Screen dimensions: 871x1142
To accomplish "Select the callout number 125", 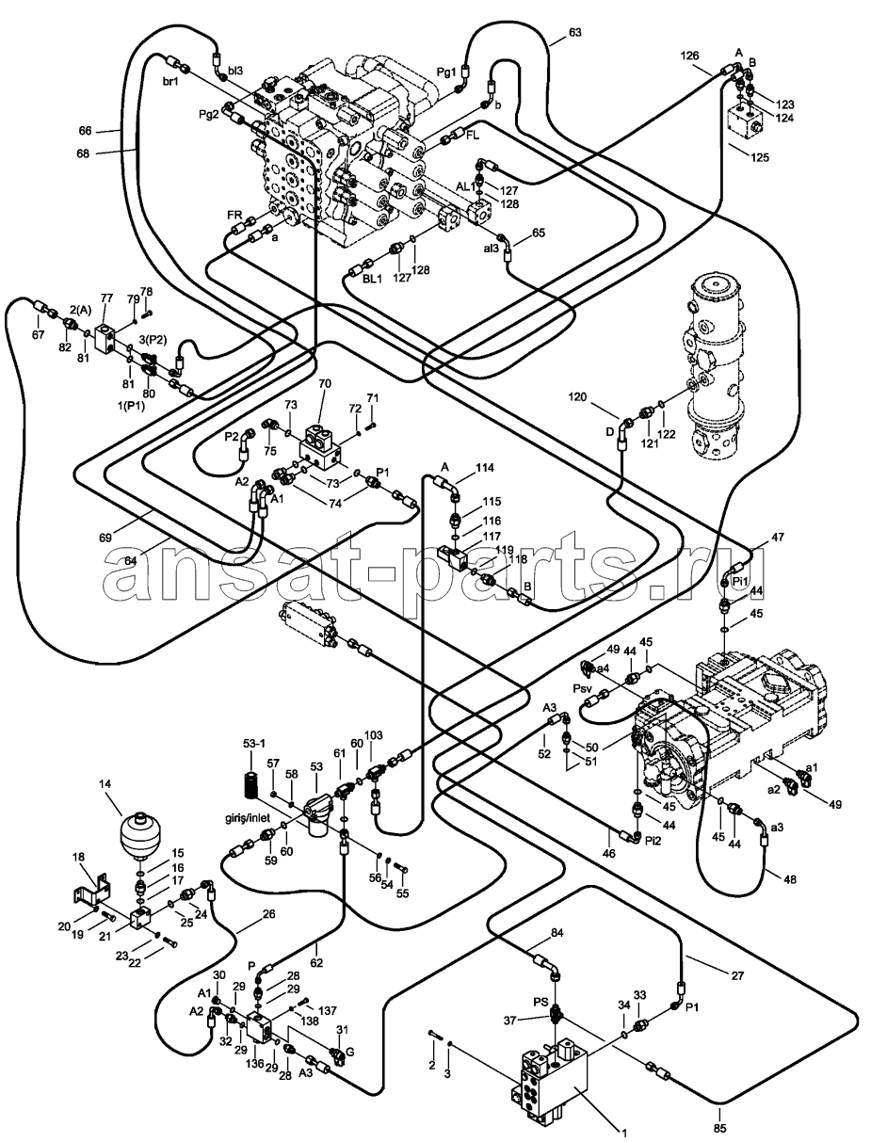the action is coord(760,157).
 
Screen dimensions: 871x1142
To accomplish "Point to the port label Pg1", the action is coord(446,72).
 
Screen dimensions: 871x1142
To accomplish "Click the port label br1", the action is coord(170,82).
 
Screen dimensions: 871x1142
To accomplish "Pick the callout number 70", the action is coord(324,383).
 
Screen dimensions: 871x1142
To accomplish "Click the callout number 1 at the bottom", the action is coord(624,1131).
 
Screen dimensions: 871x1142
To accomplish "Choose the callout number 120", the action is coord(577,397).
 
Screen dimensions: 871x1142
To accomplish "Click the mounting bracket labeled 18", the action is coord(91,893).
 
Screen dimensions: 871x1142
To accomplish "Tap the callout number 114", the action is coord(484,468).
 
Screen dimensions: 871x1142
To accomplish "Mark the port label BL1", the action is coord(373,279).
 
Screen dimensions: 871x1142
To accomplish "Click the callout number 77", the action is coord(106,298).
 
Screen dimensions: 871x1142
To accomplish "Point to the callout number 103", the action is coord(374,735).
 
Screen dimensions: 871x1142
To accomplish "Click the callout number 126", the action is coord(690,56).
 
